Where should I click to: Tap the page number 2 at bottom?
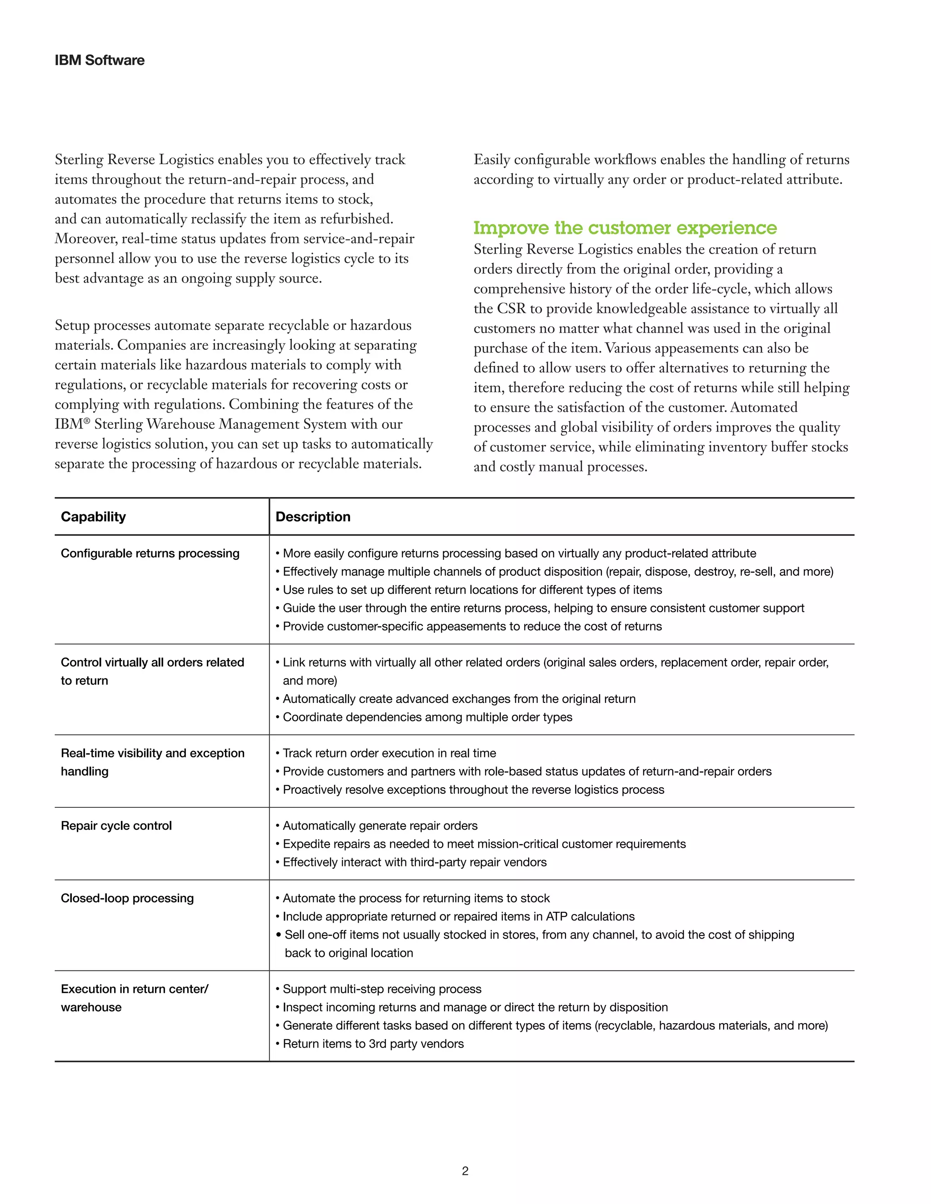tap(465, 1171)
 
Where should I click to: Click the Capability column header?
tap(93, 517)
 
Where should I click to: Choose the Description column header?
tap(313, 517)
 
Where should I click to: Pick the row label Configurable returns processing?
tap(150, 553)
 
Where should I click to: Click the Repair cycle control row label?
tap(116, 825)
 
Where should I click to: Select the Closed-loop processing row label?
tap(127, 898)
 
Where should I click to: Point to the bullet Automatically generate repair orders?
tap(380, 825)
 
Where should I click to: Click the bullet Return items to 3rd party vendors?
tap(373, 1044)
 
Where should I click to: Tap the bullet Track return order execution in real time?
tap(389, 753)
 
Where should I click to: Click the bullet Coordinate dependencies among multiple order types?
tap(427, 716)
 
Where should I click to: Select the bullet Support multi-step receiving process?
tap(382, 989)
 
